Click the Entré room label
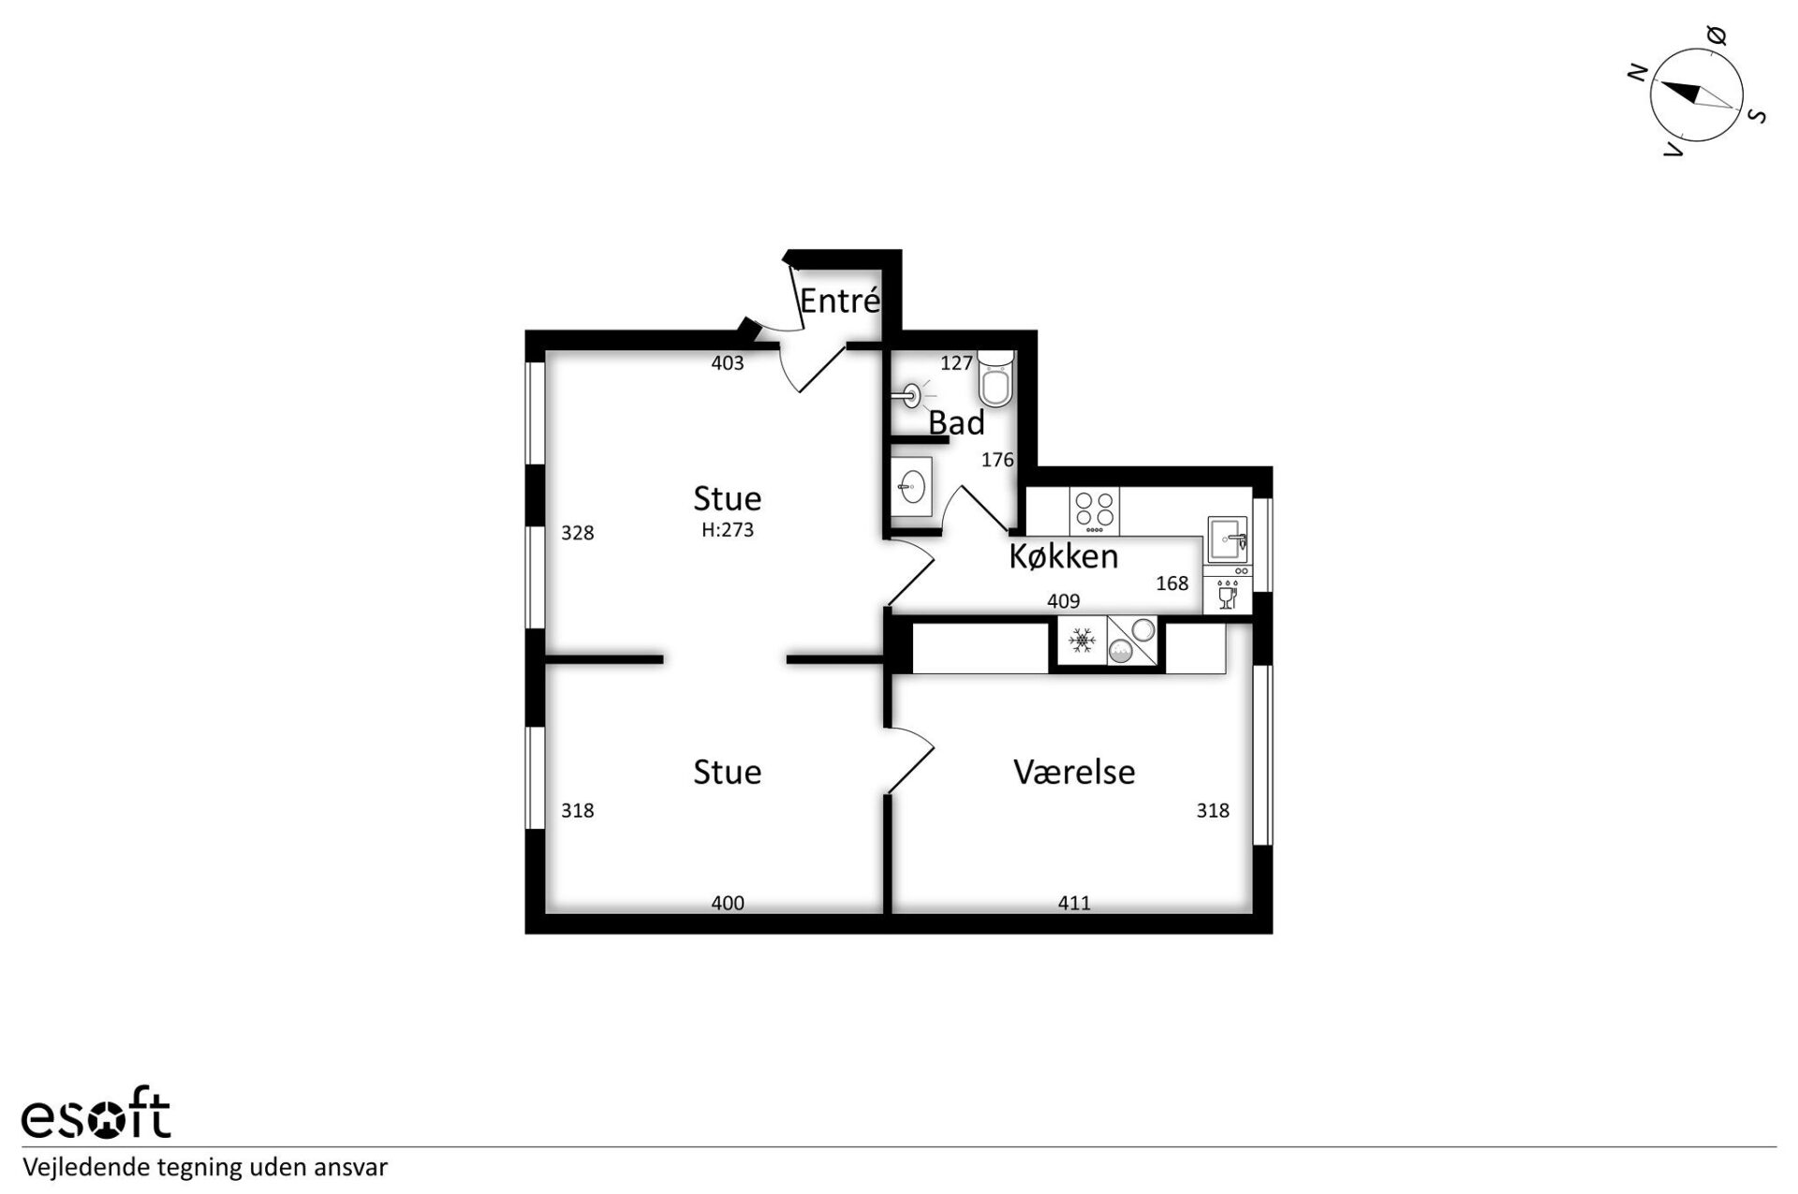[840, 301]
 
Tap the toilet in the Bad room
[995, 378]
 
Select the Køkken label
[1063, 556]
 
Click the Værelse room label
[1074, 772]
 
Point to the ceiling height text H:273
[728, 530]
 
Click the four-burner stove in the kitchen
[1095, 511]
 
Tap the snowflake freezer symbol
[1083, 641]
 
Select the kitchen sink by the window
[1228, 540]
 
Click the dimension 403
[728, 363]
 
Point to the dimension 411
[1074, 904]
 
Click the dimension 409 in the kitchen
[1064, 601]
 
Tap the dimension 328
[578, 533]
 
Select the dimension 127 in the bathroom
[957, 363]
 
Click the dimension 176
[997, 460]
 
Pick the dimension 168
[1172, 583]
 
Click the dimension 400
[728, 904]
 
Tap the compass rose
[1696, 96]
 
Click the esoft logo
[96, 1113]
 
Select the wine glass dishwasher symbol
[1228, 596]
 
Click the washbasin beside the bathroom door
[911, 485]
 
